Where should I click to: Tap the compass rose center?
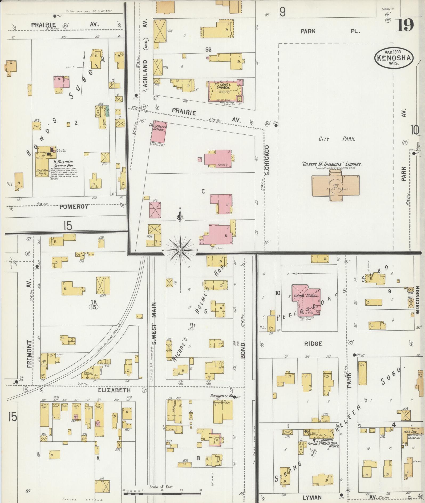click(x=180, y=250)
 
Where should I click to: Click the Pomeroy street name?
click(x=70, y=207)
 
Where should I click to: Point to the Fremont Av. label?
click(x=29, y=333)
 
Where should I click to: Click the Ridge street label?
click(x=313, y=344)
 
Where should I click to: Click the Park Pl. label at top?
click(x=330, y=31)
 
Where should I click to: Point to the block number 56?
click(x=208, y=50)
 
